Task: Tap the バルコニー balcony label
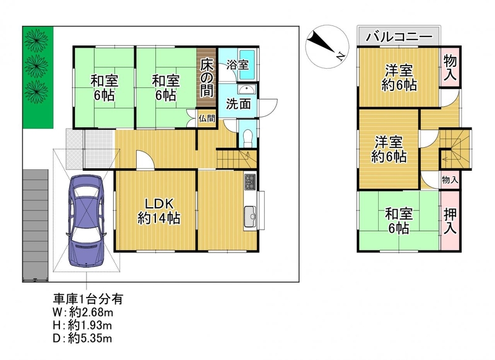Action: [398, 37]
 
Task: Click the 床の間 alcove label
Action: [207, 77]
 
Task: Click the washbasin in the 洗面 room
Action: [246, 90]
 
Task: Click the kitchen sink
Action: [250, 216]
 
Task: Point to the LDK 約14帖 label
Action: [159, 211]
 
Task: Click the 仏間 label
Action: [207, 119]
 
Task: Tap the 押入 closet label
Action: [450, 221]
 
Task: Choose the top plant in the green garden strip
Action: [37, 40]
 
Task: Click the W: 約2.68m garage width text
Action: [83, 312]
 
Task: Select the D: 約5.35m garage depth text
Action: [82, 338]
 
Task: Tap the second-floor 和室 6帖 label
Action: [398, 221]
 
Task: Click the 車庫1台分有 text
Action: [88, 299]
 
